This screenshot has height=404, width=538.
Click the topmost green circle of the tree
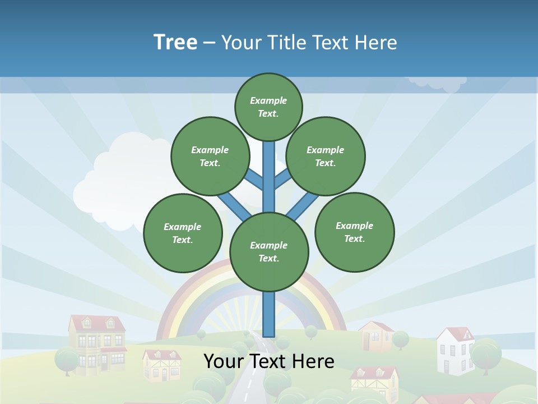pyautogui.click(x=268, y=107)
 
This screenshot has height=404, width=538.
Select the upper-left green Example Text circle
pyautogui.click(x=210, y=156)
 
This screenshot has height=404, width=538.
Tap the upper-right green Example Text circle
pyautogui.click(x=326, y=156)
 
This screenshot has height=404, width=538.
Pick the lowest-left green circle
pyautogui.click(x=183, y=233)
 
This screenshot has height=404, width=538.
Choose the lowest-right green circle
pyautogui.click(x=355, y=232)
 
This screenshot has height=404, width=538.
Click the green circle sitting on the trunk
pyautogui.click(x=269, y=252)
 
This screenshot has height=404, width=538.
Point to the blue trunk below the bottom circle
pyautogui.click(x=269, y=314)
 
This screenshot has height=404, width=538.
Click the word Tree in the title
pyautogui.click(x=175, y=42)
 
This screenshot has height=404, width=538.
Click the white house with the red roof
pyautogui.click(x=455, y=350)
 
